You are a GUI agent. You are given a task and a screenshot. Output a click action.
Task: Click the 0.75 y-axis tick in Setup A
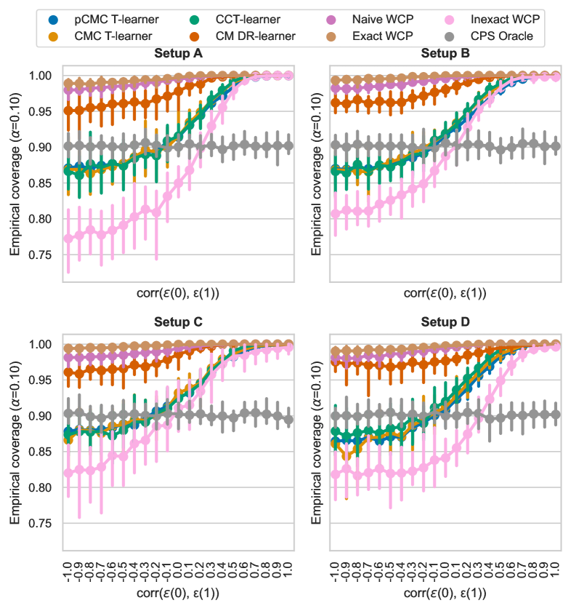pyautogui.click(x=41, y=255)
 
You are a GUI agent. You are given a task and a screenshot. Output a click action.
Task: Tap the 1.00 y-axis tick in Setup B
pyautogui.click(x=309, y=76)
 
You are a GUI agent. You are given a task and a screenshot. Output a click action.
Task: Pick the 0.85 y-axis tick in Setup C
pyautogui.click(x=41, y=452)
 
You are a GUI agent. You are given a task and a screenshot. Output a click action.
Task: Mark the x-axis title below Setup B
pyautogui.click(x=445, y=295)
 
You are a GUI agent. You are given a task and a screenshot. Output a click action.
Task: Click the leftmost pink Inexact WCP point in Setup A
pyautogui.click(x=68, y=238)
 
